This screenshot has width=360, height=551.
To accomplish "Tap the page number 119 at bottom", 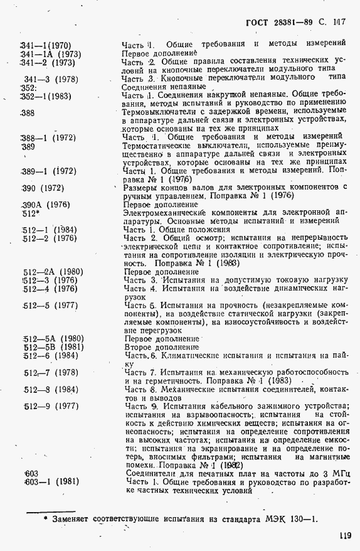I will [343, 535].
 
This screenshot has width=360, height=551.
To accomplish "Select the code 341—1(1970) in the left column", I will [46, 45].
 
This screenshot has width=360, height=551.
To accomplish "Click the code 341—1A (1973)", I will [50, 54].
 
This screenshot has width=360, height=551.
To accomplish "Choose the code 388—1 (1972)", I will [48, 137].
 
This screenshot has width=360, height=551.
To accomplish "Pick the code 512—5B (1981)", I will [53, 347].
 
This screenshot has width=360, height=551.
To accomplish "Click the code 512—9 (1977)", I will [50, 406].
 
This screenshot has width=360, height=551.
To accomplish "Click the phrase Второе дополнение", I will [161, 347].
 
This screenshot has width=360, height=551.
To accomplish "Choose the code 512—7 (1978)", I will [50, 373].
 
